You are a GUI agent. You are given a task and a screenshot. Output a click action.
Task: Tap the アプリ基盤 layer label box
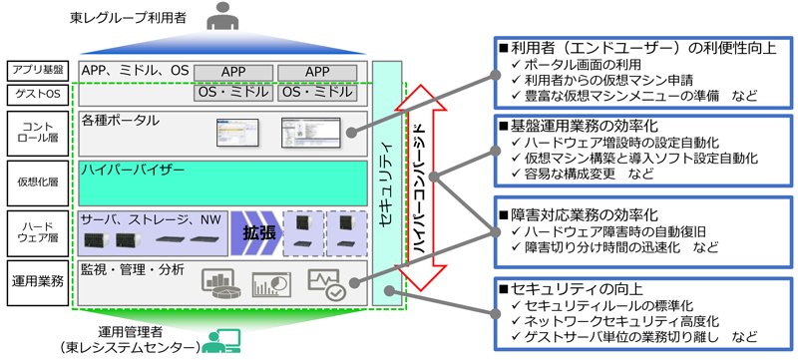tap(38, 71)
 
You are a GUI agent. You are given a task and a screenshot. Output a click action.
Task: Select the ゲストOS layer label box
tap(38, 95)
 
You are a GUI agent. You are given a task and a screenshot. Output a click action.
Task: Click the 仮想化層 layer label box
tap(38, 183)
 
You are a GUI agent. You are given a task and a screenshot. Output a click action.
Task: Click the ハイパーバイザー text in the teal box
tap(133, 171)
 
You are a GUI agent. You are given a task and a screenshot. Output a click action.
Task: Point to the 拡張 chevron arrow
tap(256, 233)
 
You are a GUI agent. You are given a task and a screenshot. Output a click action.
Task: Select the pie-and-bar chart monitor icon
tap(218, 284)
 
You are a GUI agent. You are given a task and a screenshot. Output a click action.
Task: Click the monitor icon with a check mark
tap(327, 283)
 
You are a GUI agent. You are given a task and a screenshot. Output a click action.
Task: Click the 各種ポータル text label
tap(120, 121)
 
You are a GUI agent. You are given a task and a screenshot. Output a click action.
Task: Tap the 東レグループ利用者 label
tap(129, 19)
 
